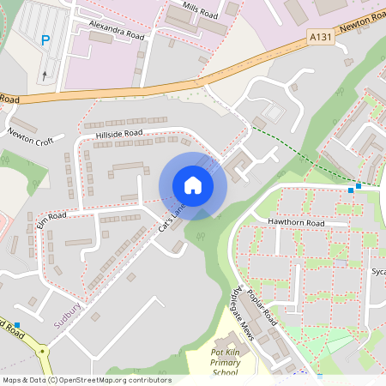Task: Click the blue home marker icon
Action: point(193,185)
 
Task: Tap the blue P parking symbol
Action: point(45,39)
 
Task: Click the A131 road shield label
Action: point(317,38)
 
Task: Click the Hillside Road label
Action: point(118,135)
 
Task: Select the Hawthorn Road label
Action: point(296,223)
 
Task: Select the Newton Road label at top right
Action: point(361,27)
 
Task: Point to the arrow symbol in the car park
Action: point(45,75)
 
